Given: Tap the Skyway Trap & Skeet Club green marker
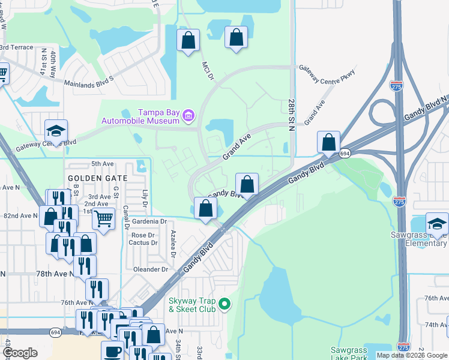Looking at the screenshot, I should pos(225,304).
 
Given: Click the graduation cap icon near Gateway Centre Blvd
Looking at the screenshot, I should pos(56,131).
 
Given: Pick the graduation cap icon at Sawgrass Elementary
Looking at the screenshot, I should pos(438,224).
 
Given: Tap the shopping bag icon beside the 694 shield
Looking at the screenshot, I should pos(329,143).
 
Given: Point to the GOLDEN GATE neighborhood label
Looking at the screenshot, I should pos(97,178).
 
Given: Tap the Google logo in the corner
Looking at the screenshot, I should pos(20,353).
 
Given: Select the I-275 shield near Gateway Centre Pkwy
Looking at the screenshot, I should pos(397,85).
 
